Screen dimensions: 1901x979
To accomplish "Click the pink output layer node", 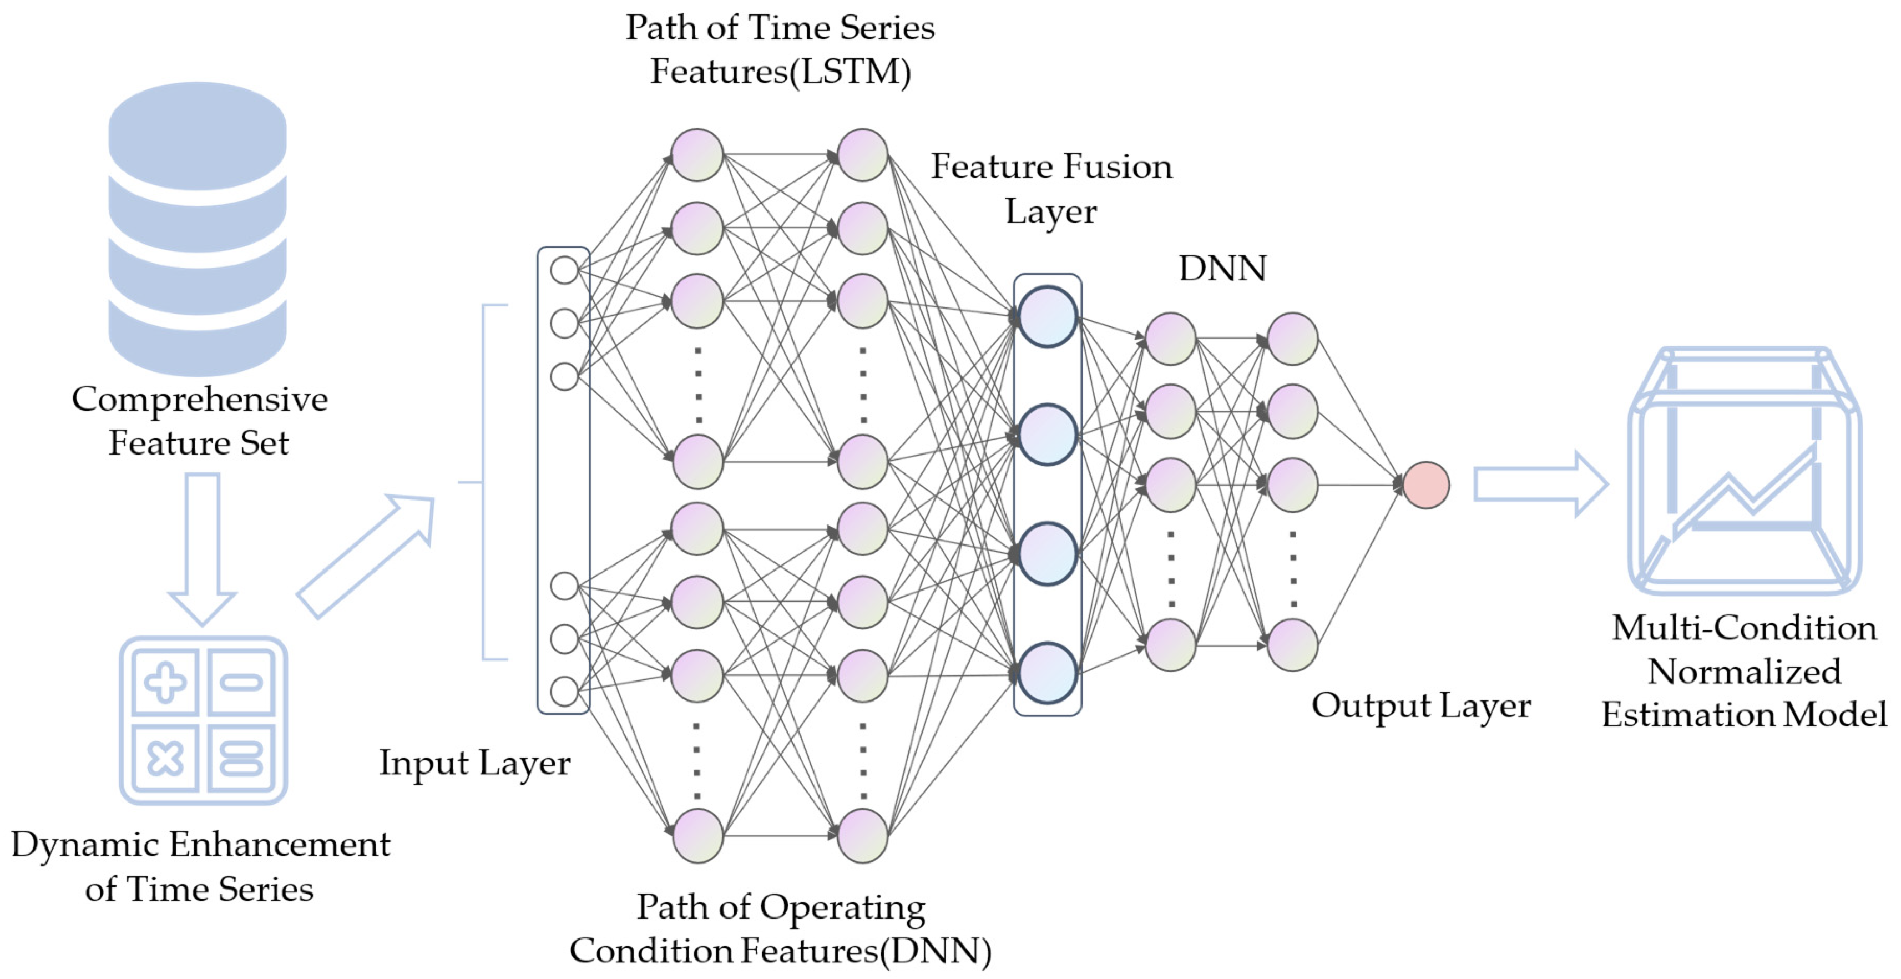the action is [1426, 485].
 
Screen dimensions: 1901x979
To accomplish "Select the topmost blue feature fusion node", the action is [1047, 317].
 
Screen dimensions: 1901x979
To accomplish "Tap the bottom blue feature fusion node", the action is [1047, 673].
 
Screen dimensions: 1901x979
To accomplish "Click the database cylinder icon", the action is [198, 229].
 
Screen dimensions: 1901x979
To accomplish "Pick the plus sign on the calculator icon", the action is [165, 682].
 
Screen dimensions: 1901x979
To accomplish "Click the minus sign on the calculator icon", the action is [241, 682].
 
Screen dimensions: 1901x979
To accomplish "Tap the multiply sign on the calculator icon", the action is [165, 758].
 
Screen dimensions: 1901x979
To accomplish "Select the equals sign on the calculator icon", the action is [241, 758].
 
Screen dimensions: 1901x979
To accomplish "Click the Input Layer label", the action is [474, 763].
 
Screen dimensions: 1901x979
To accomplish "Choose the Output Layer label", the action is [1420, 706].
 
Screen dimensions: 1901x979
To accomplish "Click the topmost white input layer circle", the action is [564, 270].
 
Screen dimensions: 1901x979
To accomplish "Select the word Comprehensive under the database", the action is [199, 400].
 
